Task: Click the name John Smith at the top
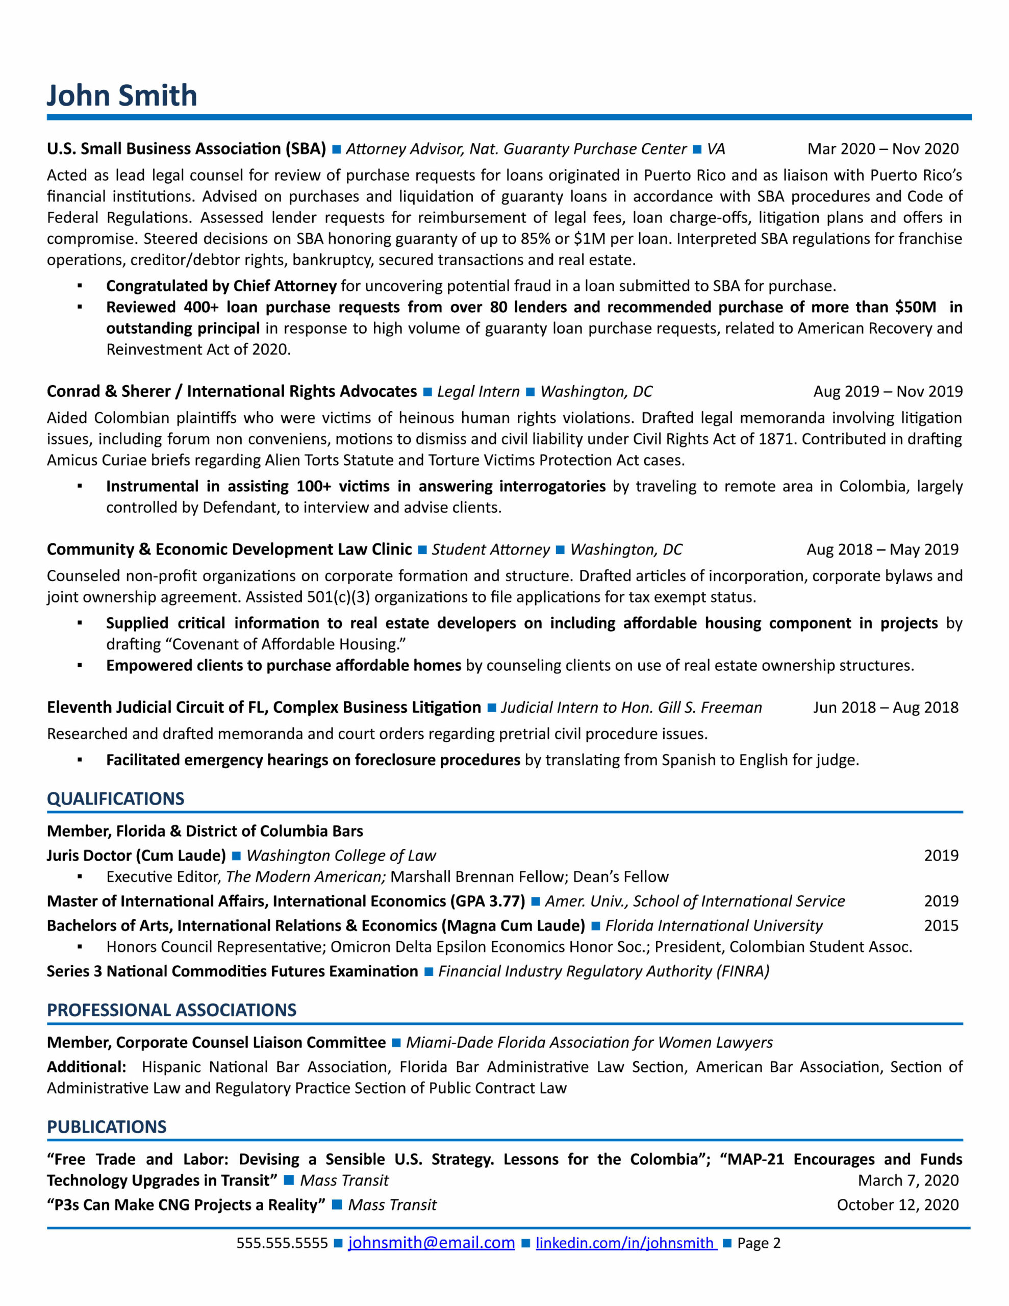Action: (122, 96)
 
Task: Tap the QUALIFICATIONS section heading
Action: (115, 799)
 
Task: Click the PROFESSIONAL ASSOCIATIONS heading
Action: (172, 1010)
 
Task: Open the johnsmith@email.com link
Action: (431, 1243)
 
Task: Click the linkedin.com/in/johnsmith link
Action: (625, 1243)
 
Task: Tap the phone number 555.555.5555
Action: (282, 1243)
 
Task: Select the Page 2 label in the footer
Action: (759, 1243)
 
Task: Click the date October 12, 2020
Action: (897, 1204)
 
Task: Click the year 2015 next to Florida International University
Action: (941, 926)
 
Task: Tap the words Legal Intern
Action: (478, 392)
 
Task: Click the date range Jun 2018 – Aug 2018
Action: (885, 708)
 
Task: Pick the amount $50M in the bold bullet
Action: (915, 307)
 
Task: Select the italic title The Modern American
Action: (305, 876)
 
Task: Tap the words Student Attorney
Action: (490, 549)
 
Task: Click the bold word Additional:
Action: (86, 1067)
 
